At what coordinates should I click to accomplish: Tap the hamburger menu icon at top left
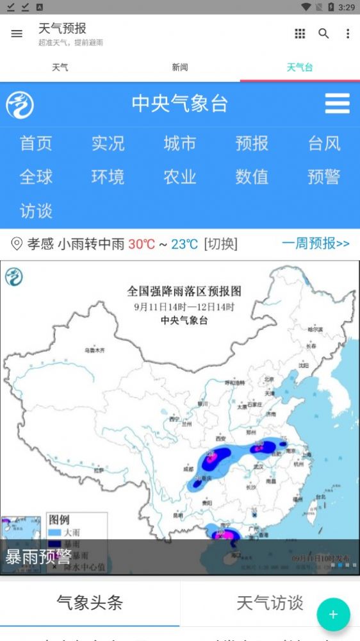point(17,34)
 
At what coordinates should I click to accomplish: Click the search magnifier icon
point(323,34)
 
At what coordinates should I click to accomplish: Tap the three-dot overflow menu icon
point(348,34)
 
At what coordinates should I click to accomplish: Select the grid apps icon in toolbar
point(300,34)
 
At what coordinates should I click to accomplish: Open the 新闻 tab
point(180,67)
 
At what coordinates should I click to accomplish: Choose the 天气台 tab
point(300,67)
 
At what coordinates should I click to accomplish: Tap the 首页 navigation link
point(36,143)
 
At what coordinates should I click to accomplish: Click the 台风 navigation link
point(324,143)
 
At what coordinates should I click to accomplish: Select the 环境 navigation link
point(108,177)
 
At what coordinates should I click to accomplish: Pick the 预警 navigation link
point(324,177)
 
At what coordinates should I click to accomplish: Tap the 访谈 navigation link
point(36,211)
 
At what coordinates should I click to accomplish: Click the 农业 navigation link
point(180,177)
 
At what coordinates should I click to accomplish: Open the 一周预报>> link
point(316,244)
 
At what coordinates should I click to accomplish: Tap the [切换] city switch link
point(220,244)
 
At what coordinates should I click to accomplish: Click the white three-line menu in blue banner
point(337,103)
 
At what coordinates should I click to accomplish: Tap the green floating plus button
point(333,615)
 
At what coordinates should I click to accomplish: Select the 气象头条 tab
point(90,603)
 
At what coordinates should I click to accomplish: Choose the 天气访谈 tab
point(270,603)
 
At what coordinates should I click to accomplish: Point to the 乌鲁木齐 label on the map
point(94,351)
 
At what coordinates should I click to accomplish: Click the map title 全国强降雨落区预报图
point(184,291)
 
